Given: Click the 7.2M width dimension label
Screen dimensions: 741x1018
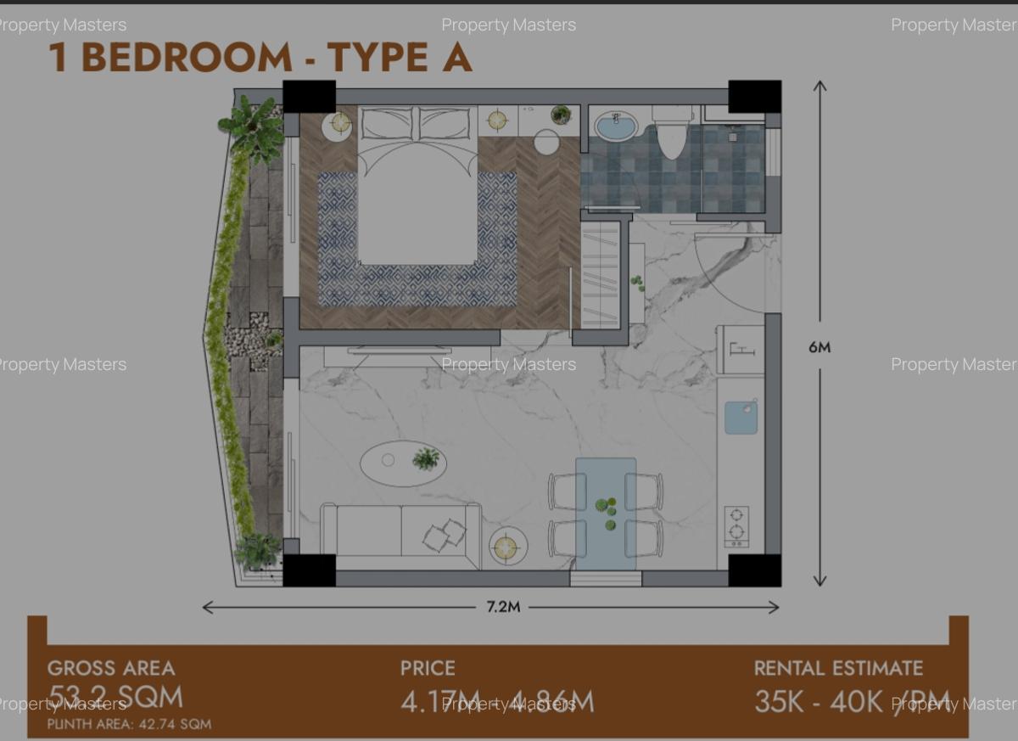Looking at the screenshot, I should tap(503, 607).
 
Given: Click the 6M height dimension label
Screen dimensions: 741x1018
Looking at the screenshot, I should tap(819, 347).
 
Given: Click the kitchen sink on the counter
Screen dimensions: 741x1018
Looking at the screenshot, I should tap(741, 418).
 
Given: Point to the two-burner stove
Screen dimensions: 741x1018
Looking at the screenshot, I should tap(736, 525).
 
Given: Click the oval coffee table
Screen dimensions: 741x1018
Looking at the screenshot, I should tap(403, 463).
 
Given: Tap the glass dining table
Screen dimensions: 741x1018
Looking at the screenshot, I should tap(606, 512).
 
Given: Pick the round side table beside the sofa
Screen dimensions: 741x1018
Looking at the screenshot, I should tap(507, 547).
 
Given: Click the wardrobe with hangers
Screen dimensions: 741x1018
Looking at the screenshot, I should tap(600, 272).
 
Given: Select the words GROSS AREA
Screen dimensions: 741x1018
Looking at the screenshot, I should tap(111, 668).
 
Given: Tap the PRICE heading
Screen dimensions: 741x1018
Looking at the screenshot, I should tap(428, 668).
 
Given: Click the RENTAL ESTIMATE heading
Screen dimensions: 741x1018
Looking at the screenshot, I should tap(838, 668).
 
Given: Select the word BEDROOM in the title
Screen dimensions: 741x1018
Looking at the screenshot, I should tap(187, 58).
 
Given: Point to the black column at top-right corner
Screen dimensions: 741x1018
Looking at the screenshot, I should tap(754, 96).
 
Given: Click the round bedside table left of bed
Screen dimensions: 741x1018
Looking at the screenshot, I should tap(340, 125).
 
